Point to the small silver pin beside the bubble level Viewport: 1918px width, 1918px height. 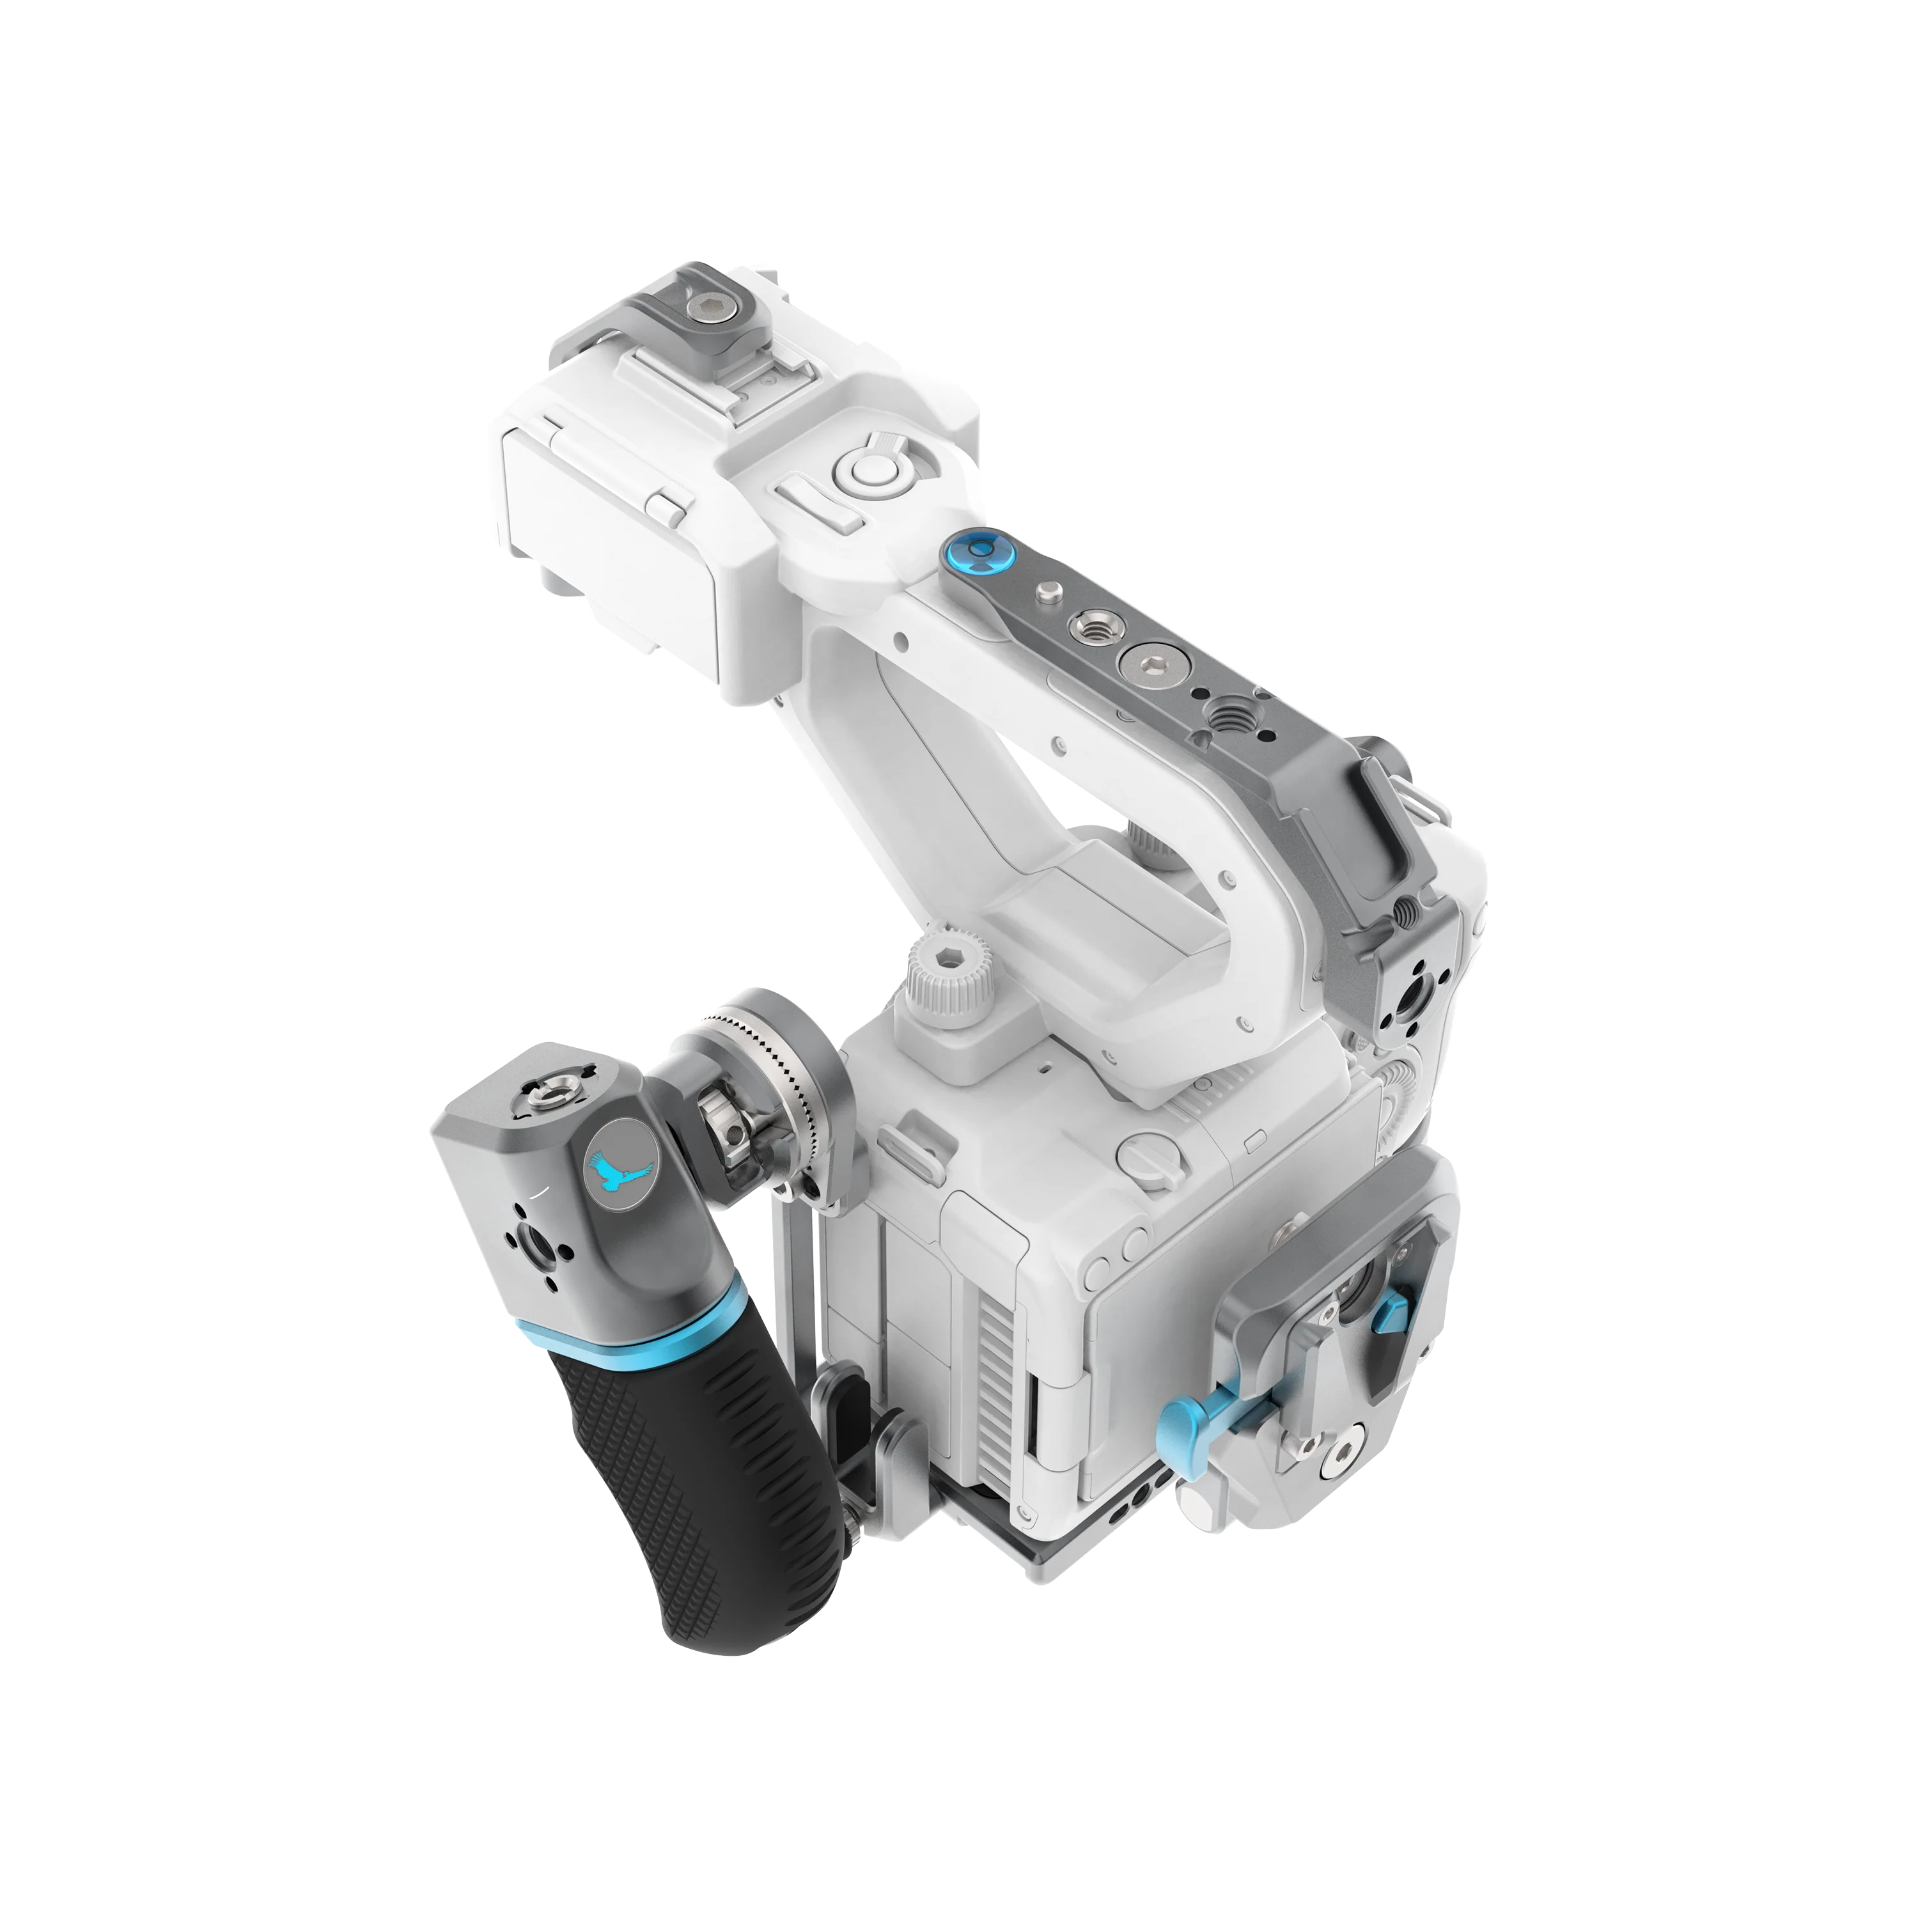pyautogui.click(x=1045, y=595)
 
